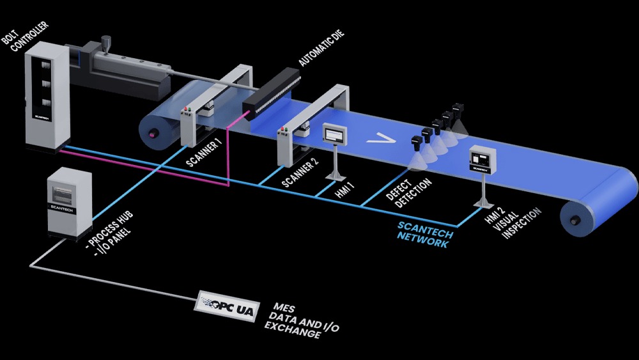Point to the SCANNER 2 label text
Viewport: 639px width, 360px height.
pos(300,173)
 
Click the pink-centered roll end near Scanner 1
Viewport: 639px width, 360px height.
pos(151,133)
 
